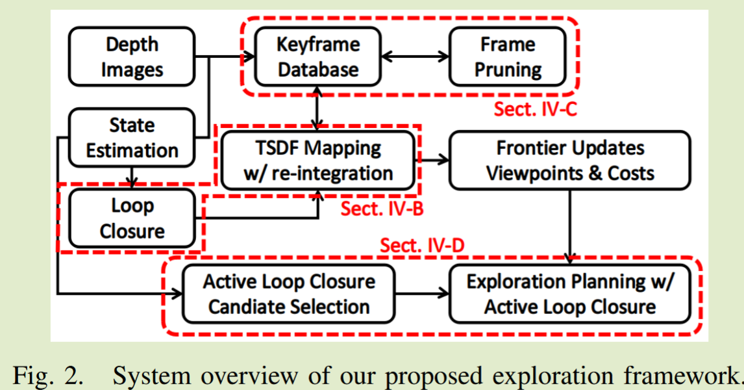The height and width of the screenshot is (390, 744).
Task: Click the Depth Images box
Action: (x=132, y=57)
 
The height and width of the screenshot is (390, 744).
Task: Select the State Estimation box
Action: (x=132, y=137)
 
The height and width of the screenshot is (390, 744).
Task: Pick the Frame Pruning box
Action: (x=508, y=57)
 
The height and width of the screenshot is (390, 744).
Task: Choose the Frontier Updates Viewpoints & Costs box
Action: (x=570, y=160)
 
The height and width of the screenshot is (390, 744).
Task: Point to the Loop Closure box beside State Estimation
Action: (x=132, y=218)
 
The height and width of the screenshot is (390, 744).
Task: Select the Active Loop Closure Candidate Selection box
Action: (x=288, y=294)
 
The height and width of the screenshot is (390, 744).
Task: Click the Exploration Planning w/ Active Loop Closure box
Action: (x=570, y=294)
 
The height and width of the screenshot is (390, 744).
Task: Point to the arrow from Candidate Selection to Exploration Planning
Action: (x=421, y=294)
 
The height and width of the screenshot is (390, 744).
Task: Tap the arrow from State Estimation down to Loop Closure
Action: (x=132, y=175)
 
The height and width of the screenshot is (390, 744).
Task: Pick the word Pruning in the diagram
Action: (x=508, y=69)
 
